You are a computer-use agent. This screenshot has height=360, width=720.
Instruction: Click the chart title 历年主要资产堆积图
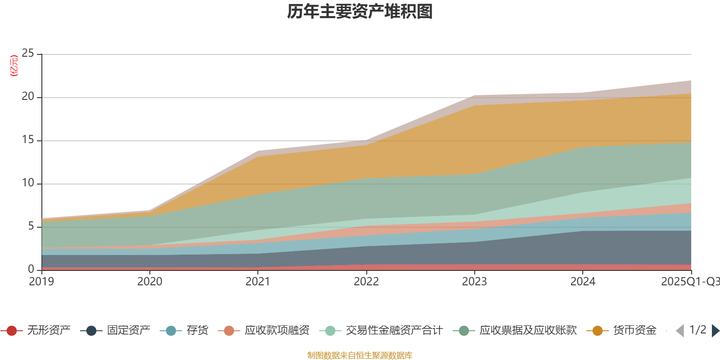tap(360, 12)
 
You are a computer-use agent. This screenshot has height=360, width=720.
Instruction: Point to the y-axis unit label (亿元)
tap(14, 66)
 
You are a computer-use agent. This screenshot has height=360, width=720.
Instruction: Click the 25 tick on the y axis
tap(28, 53)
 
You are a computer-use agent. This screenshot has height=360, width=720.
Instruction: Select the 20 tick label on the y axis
tap(28, 96)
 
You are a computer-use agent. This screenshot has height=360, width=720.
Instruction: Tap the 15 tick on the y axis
tap(28, 139)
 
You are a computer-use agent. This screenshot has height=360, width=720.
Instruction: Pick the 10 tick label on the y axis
tap(28, 183)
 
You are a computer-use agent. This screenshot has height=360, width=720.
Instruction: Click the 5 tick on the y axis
tap(31, 226)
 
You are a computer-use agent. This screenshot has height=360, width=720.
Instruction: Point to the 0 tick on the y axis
tap(31, 269)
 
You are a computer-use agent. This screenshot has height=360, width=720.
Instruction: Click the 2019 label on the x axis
tap(41, 282)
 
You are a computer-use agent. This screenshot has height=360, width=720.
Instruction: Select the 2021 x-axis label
tap(258, 282)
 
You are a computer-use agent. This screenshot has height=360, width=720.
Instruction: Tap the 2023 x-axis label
tap(474, 282)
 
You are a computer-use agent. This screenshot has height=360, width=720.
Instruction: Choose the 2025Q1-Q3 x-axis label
tap(689, 282)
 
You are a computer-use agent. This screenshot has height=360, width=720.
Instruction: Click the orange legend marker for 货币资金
tap(598, 331)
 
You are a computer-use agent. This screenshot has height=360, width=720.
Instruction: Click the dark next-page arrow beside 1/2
tap(715, 331)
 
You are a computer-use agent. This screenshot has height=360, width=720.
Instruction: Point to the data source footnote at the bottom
tap(360, 355)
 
